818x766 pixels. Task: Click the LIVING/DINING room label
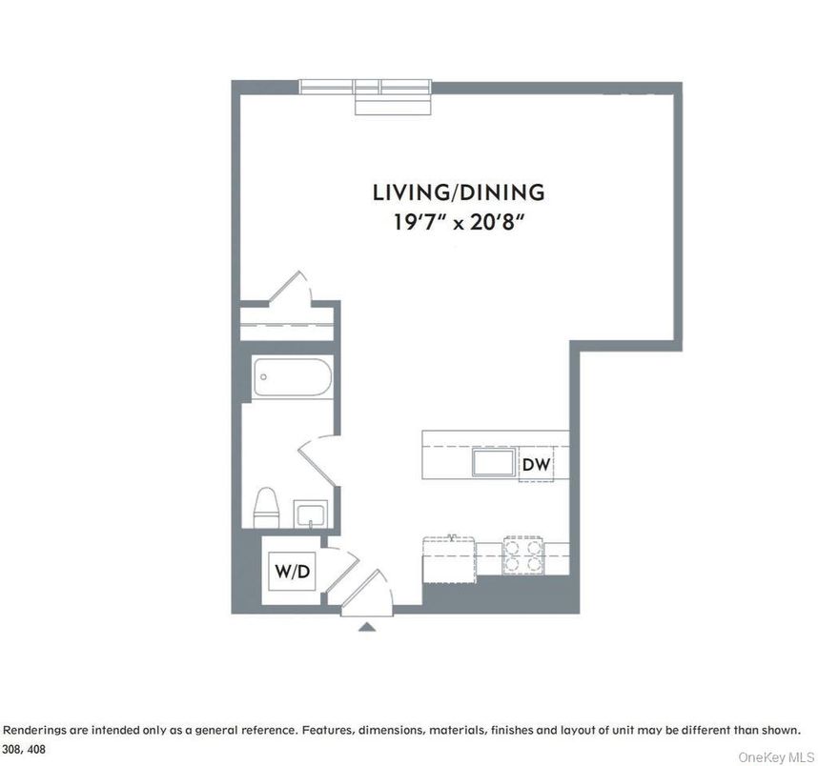[459, 192]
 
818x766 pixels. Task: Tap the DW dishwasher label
[535, 465]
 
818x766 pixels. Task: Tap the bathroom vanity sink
[311, 515]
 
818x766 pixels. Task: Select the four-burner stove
[523, 554]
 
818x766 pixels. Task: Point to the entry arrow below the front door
[366, 626]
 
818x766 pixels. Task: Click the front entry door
[367, 586]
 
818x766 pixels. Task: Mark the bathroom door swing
[316, 457]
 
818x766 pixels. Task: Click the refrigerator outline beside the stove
[450, 554]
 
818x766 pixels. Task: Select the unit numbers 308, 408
[23, 750]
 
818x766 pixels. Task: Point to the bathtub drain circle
[263, 376]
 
